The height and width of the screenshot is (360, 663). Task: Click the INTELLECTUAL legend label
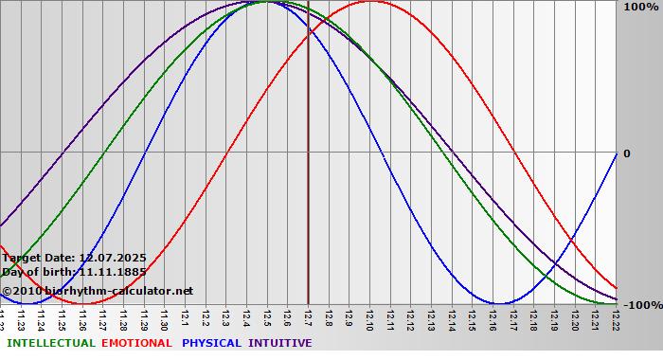[x=50, y=343]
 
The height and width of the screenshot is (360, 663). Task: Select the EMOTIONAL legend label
[x=136, y=343]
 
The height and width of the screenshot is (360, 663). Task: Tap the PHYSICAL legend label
[x=212, y=343]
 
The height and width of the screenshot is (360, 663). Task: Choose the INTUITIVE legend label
[x=279, y=343]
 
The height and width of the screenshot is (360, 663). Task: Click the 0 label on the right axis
[x=626, y=153]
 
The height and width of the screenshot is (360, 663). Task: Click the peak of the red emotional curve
[x=370, y=2]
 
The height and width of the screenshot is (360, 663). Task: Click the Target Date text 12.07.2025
[x=112, y=258]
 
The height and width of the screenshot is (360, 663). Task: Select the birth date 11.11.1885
[x=112, y=272]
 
